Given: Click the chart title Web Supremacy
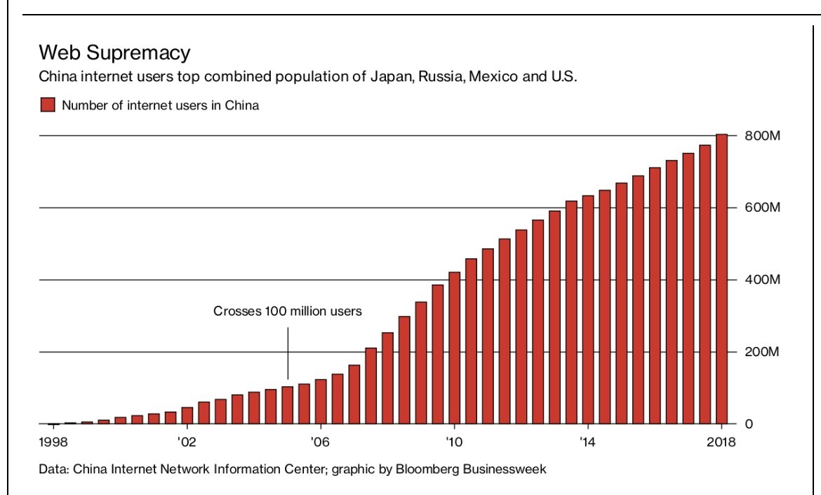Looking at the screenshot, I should [x=114, y=53].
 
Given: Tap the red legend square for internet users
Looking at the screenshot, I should [x=47, y=106].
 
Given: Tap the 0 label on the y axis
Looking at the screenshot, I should [x=748, y=424].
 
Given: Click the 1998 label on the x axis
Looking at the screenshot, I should [x=53, y=442].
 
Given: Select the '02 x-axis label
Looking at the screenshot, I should [x=186, y=442].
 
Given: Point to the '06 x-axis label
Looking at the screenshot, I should [x=319, y=442].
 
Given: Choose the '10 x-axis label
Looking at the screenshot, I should [x=453, y=442].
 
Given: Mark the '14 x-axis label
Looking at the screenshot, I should [x=587, y=442].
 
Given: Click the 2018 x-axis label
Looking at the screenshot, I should [x=721, y=442].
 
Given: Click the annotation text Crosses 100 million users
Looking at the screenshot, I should [x=288, y=311].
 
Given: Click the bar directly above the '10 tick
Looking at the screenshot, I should [x=454, y=348].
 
